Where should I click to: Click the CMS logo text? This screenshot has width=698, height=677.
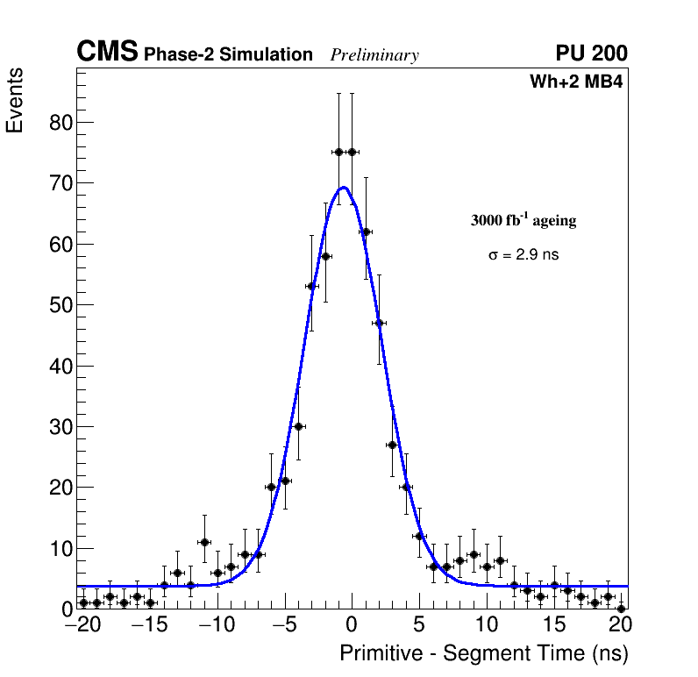pos(107,53)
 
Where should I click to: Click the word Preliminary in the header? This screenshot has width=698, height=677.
pos(374,55)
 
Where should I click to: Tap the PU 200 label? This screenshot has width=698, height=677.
pos(591,53)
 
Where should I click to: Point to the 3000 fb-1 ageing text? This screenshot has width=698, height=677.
pos(523,220)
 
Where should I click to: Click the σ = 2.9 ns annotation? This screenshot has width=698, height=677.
pos(523,255)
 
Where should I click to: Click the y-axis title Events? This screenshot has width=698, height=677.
pos(15,101)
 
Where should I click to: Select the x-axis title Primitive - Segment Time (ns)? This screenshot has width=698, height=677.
pos(484,653)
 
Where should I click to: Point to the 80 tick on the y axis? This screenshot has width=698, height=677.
pos(60,123)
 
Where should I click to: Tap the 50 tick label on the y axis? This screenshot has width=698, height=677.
pos(60,305)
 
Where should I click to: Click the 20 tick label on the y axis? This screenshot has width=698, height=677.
pos(60,488)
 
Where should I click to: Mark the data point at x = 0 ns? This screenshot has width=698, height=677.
pos(352,152)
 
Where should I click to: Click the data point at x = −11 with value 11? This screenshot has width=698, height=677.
pos(204,542)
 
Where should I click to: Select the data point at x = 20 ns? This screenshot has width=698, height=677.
pos(621,608)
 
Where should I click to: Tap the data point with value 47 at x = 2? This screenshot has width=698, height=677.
pos(379,323)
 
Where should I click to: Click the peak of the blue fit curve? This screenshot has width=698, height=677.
pos(344,187)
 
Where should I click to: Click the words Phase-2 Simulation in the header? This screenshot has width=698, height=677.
pos(228,55)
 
